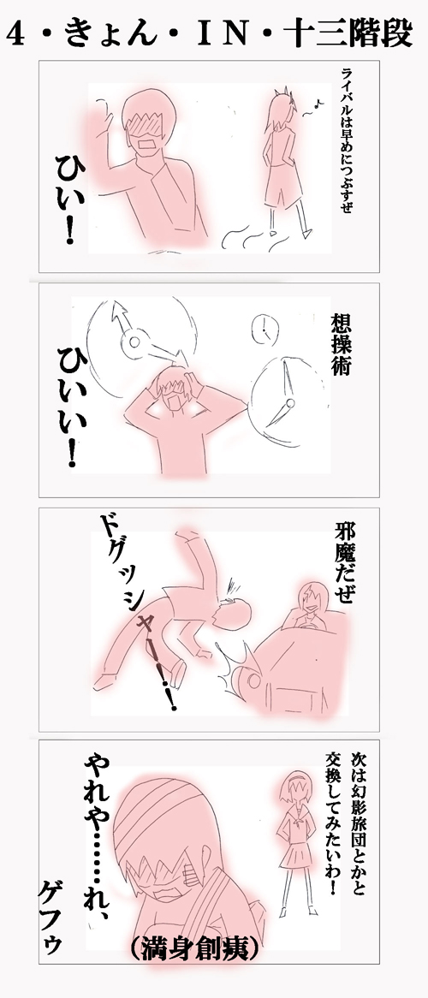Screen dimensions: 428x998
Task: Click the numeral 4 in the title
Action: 16,36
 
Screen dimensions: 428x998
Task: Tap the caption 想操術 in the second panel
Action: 341,344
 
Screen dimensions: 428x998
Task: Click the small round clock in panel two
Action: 265,328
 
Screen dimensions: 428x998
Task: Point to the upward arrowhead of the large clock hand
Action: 119,310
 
